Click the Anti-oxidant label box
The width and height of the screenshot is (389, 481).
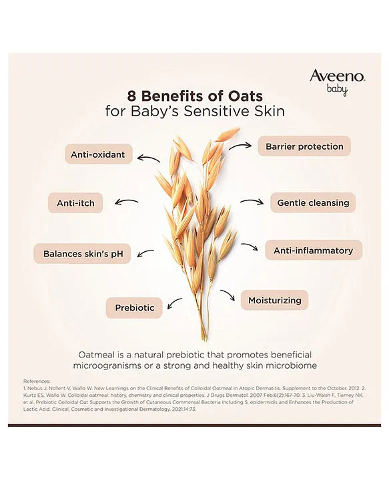pos(97,154)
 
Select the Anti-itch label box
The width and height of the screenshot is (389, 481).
pos(75,203)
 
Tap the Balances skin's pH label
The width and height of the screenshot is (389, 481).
pos(83,254)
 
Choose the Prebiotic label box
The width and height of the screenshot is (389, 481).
pos(134,308)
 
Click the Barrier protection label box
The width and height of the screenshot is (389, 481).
pos(304,146)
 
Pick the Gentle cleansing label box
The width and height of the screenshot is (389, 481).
pos(312,202)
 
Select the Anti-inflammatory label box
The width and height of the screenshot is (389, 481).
pos(313,251)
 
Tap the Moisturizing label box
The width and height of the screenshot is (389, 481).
pos(274,301)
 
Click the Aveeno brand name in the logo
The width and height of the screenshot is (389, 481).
pos(336,75)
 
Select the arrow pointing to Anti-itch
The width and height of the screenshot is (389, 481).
pos(126,201)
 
